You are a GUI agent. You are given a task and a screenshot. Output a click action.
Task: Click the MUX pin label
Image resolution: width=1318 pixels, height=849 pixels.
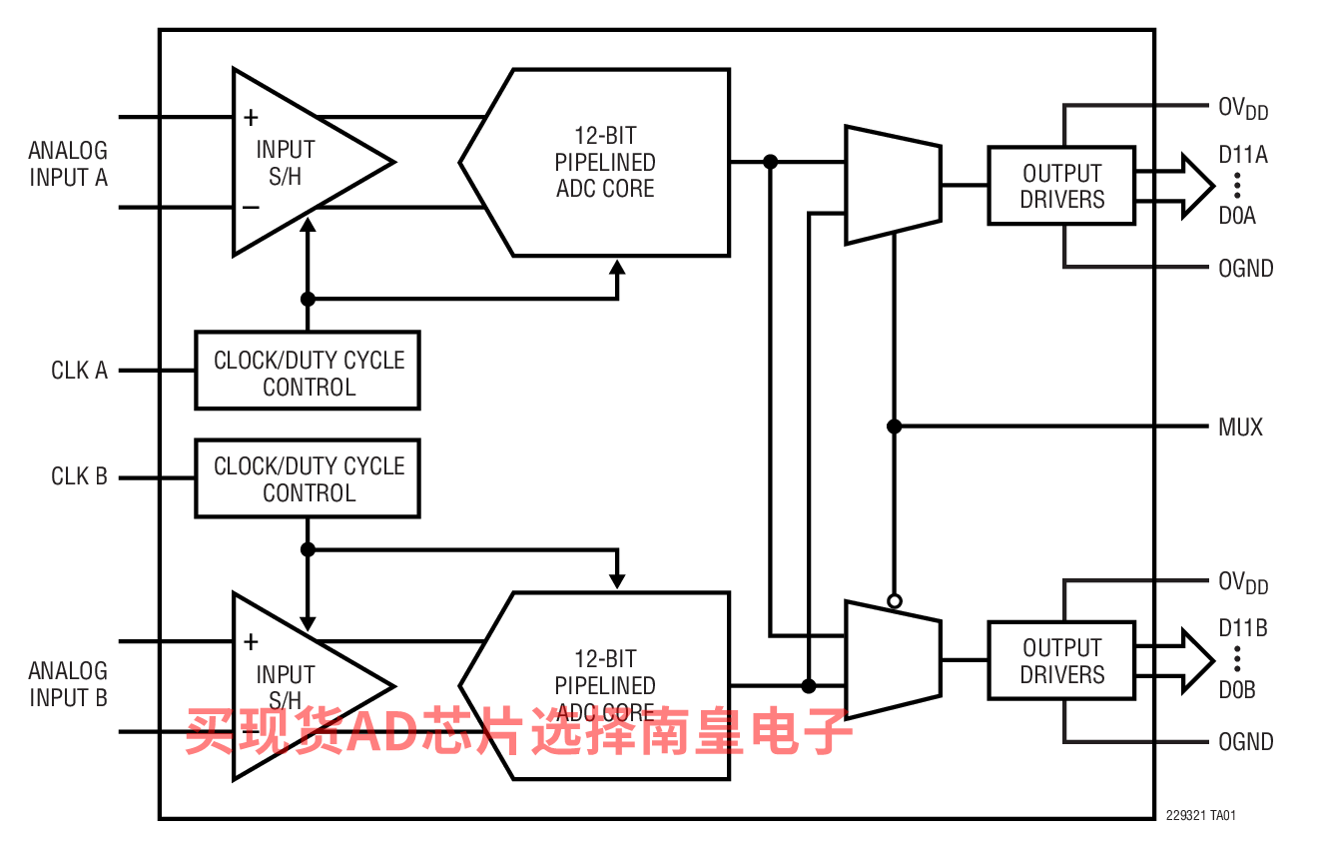[1240, 427]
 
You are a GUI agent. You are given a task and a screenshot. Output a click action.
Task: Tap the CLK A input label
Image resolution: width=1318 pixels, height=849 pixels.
[79, 371]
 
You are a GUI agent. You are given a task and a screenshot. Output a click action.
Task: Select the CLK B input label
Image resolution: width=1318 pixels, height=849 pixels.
[79, 476]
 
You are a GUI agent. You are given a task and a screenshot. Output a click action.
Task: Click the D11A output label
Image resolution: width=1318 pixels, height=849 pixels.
[1243, 155]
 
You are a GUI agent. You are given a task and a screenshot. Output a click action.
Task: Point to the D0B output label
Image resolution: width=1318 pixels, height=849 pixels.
[1237, 690]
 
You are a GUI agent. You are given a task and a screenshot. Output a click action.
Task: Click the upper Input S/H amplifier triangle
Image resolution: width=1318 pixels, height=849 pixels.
[300, 163]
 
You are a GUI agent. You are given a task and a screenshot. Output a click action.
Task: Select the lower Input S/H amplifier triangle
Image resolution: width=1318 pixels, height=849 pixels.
[300, 686]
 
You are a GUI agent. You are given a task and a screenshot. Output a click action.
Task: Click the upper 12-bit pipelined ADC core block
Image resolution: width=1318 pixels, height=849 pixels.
[604, 162]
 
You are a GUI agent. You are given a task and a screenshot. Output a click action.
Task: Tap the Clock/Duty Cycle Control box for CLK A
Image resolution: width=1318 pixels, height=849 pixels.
[308, 371]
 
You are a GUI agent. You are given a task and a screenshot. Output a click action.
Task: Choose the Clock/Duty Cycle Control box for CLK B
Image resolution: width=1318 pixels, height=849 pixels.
[308, 478]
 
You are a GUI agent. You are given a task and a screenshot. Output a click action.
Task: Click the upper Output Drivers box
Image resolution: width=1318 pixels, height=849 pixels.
[1061, 186]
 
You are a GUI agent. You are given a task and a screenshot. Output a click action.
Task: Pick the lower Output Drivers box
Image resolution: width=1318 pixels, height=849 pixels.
[1061, 660]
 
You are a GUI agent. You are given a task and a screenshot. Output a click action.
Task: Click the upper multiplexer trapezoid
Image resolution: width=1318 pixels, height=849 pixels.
[893, 185]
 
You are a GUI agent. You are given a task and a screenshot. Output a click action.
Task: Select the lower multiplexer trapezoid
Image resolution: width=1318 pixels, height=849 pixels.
[893, 659]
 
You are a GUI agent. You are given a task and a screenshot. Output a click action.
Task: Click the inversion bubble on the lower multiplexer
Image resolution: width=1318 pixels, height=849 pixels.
[895, 600]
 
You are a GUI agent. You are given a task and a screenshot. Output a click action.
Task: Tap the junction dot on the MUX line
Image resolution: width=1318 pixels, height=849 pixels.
[895, 426]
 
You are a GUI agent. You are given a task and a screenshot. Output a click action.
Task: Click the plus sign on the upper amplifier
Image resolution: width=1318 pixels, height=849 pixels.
[251, 118]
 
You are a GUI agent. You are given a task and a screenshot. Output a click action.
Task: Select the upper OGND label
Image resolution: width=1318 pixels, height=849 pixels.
[1245, 269]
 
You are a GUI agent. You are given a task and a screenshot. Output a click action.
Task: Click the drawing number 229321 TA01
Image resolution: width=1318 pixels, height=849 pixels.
[1201, 816]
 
